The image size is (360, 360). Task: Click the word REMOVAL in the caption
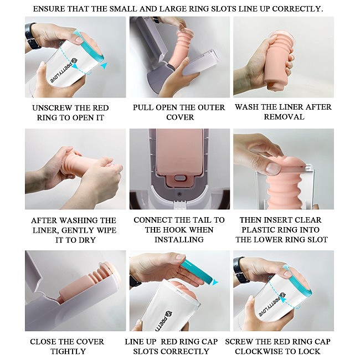[284, 117]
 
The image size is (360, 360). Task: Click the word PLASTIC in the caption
[259, 230]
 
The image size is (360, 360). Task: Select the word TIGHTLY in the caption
[68, 352]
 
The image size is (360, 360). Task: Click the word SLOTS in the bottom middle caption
[146, 352]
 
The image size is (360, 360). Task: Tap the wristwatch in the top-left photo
[32, 36]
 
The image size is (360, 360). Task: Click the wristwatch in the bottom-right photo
[240, 270]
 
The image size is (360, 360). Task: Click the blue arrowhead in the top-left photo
[104, 66]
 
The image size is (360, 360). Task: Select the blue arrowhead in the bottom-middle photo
[215, 282]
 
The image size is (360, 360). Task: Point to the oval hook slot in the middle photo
[180, 178]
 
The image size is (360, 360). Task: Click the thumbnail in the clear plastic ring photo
[273, 168]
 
